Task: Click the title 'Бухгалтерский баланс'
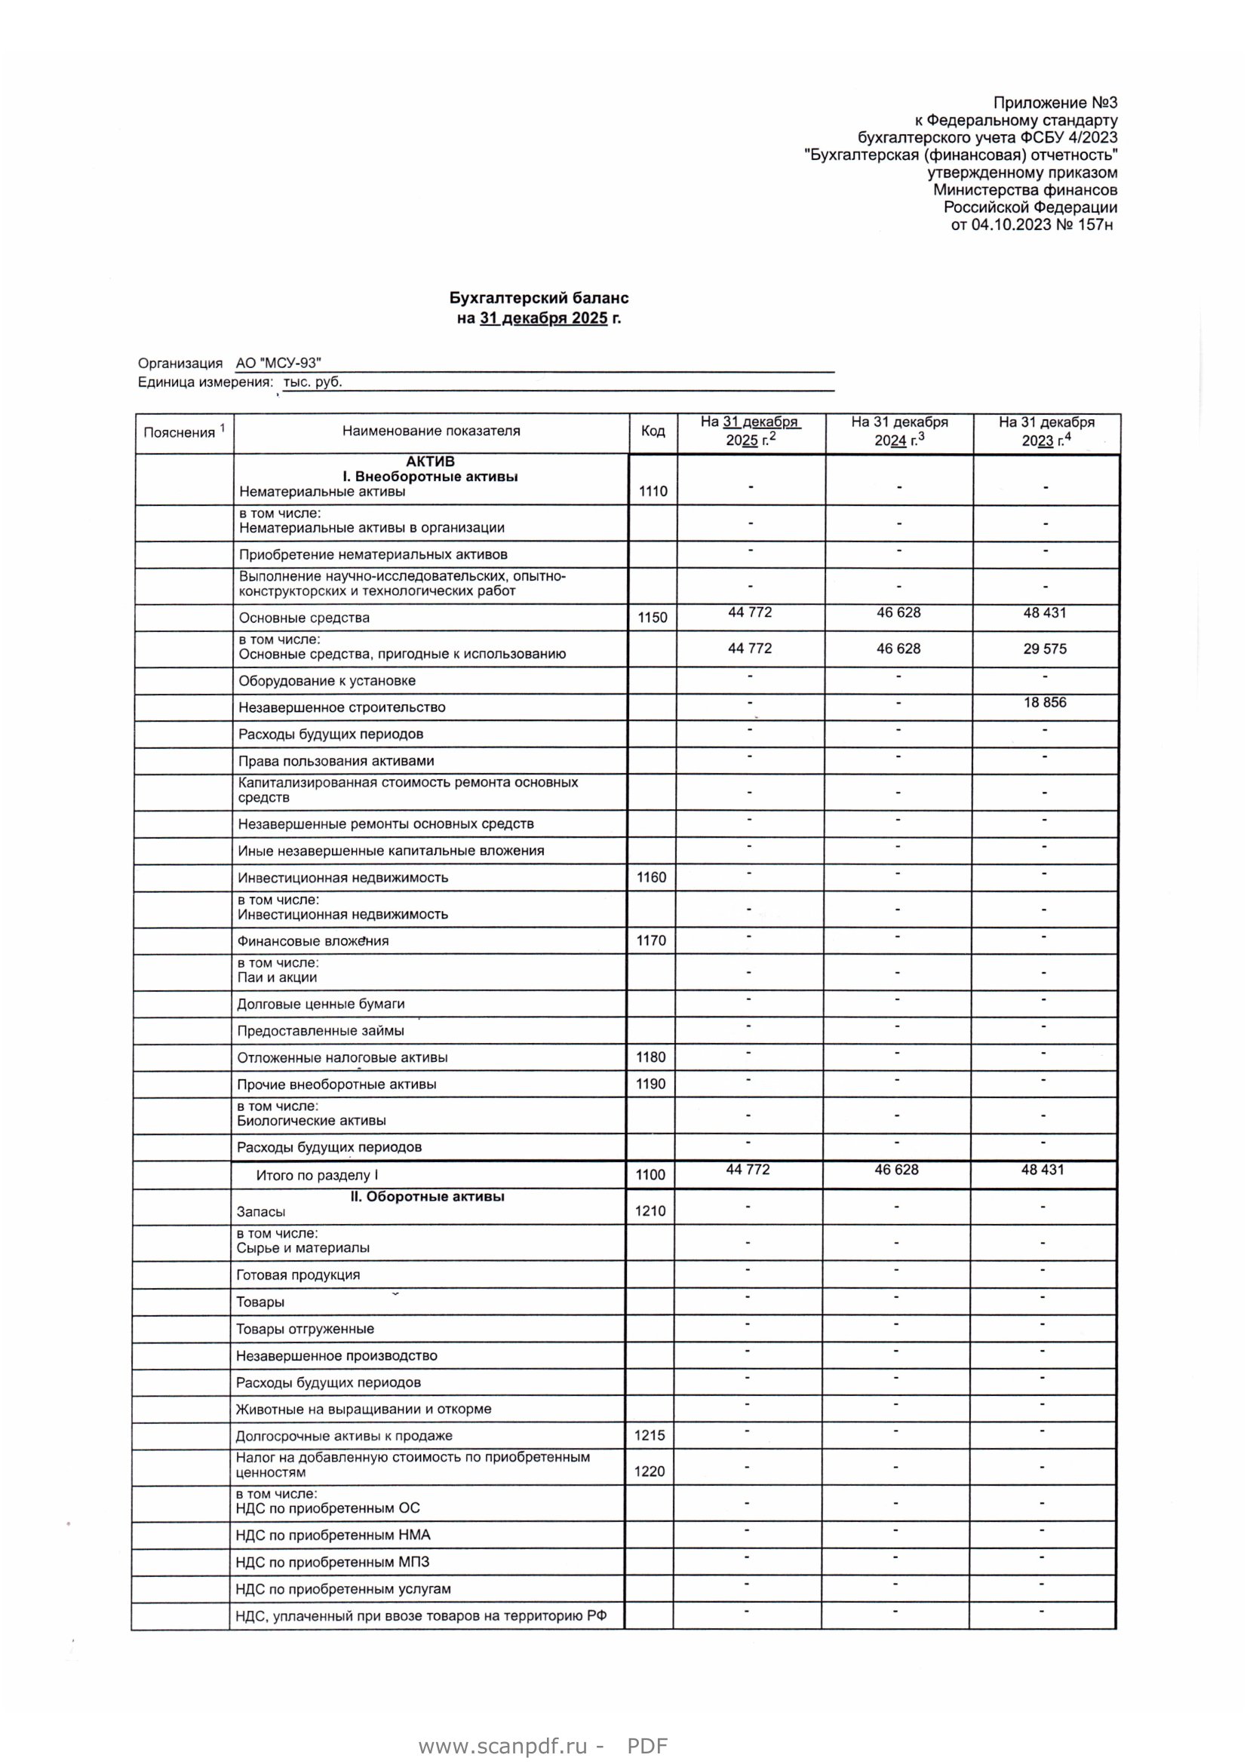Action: (x=539, y=298)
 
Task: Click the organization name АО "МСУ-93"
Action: (x=278, y=364)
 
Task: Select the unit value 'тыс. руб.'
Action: (x=313, y=382)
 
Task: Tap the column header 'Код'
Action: (x=653, y=431)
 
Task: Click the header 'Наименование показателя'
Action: (x=431, y=431)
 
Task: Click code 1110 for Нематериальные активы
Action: (x=653, y=492)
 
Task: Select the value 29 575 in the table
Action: (x=1044, y=649)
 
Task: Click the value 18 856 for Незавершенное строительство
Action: (x=1044, y=702)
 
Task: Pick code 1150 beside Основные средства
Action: (x=652, y=618)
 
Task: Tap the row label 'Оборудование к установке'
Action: (x=327, y=681)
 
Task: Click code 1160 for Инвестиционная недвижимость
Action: (x=651, y=877)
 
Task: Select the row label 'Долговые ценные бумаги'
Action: (x=321, y=1004)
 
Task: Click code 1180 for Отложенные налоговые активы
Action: (x=650, y=1057)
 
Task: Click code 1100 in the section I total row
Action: (x=650, y=1175)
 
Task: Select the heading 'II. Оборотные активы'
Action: (x=427, y=1196)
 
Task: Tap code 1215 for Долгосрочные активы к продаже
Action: (x=650, y=1435)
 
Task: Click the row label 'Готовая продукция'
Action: (x=298, y=1275)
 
